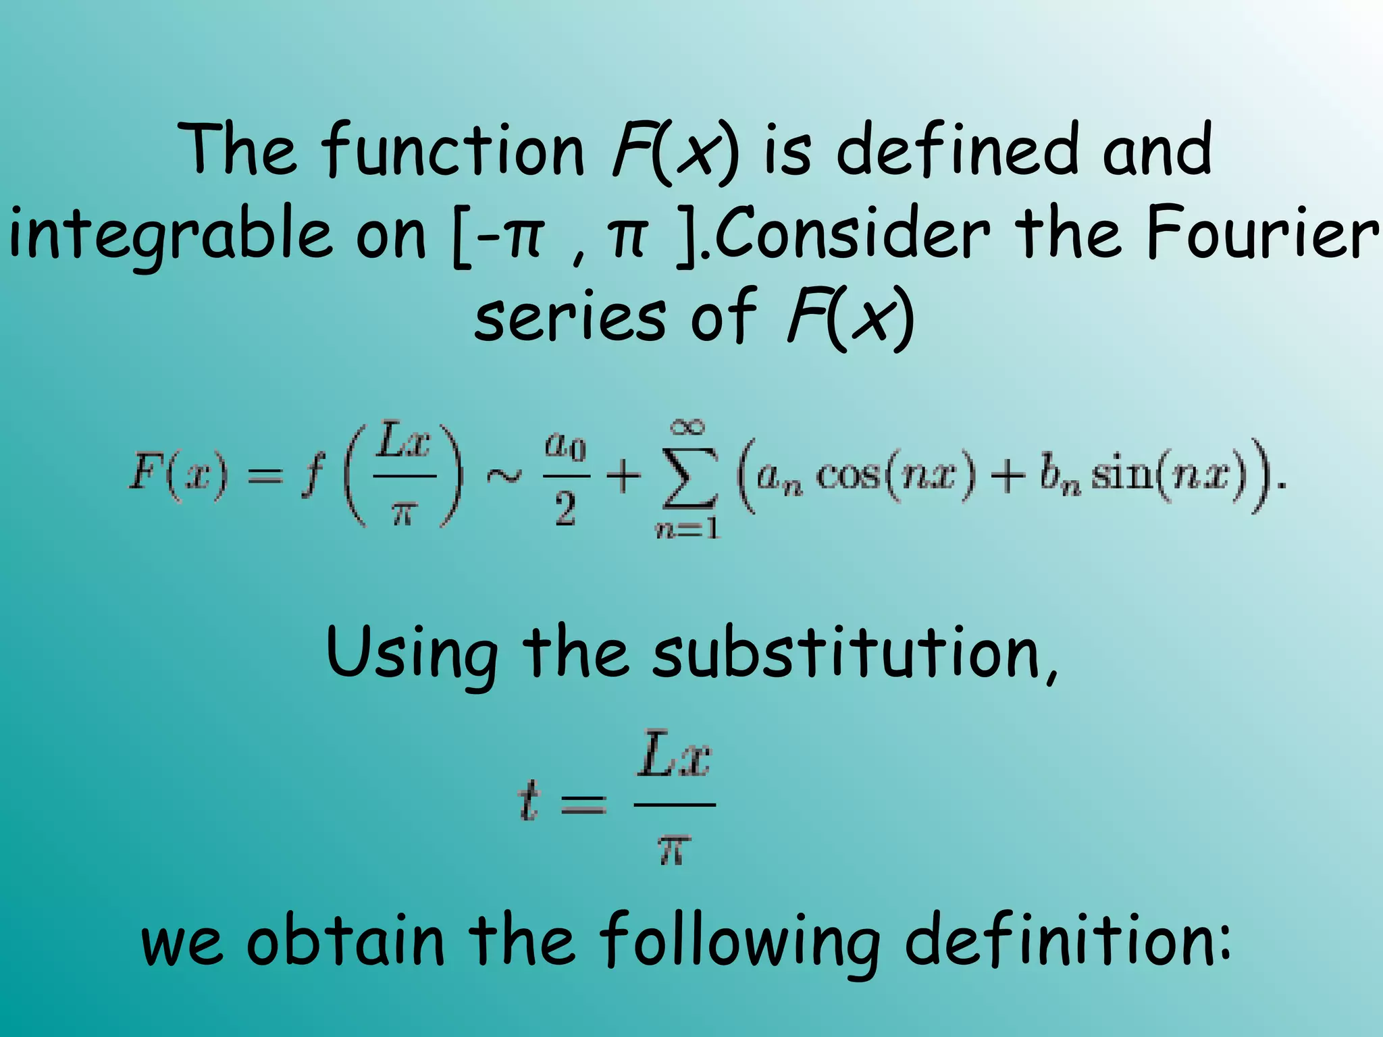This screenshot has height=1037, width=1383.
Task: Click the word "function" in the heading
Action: pos(452,150)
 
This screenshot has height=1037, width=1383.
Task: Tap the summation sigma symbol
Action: pos(689,477)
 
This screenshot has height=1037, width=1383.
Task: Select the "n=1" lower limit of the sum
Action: pos(687,529)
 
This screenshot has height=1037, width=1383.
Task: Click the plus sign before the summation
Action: pos(623,477)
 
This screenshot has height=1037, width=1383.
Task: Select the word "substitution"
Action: pos(854,652)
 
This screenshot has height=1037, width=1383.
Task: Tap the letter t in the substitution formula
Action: pos(529,803)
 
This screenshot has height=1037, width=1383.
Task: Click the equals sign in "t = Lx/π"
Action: pos(584,804)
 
